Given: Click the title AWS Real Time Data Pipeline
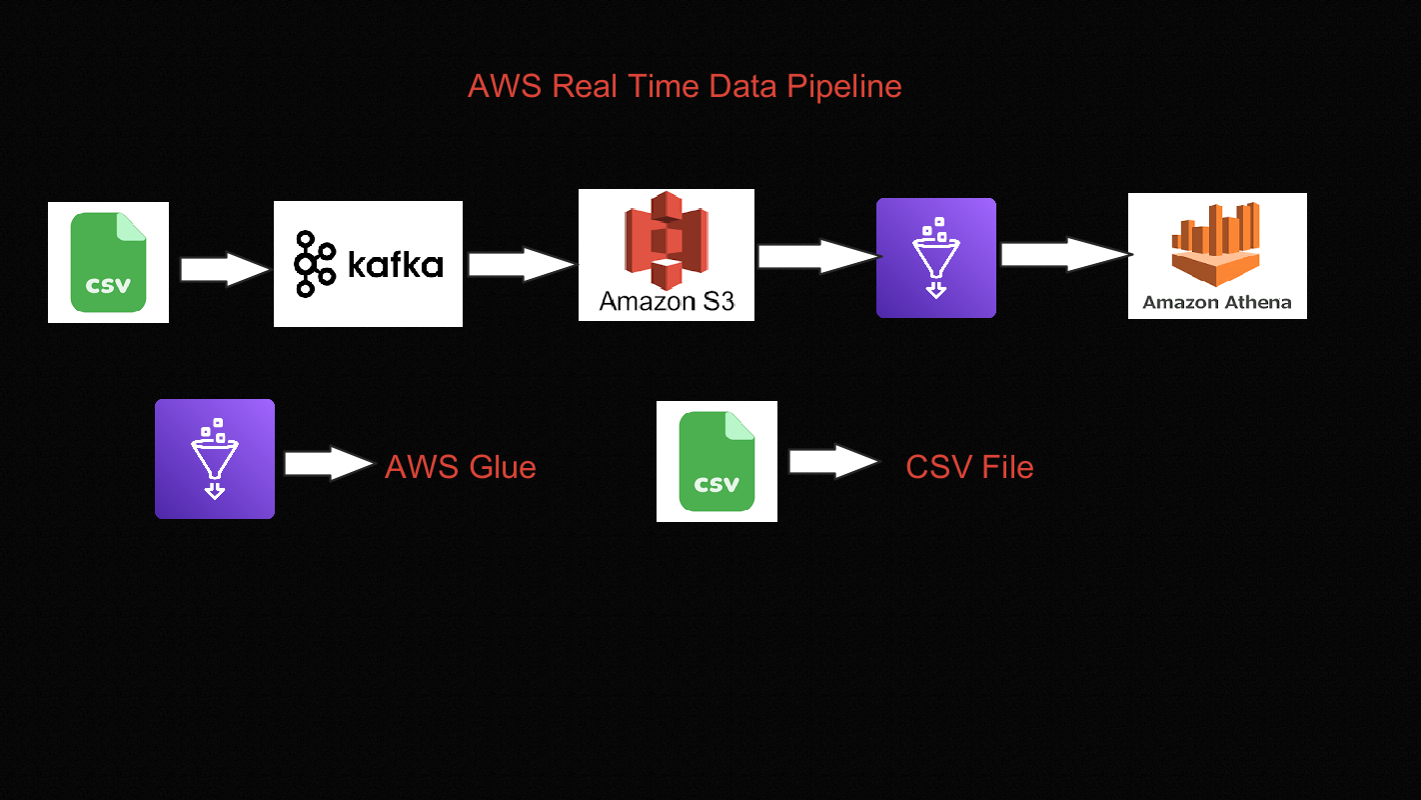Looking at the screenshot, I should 685,87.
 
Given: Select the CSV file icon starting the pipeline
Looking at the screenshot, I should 108,262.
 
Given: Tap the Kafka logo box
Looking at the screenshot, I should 368,264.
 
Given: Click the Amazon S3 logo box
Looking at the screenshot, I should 666,255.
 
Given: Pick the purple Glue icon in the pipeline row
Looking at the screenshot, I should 935,258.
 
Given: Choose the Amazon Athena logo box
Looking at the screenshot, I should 1216,256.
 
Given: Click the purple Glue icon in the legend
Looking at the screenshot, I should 214,459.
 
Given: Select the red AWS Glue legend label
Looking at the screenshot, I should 461,467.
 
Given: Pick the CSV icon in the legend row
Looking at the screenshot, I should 716,461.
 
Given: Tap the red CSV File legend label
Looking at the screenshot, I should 969,467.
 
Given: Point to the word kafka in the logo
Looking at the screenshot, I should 395,265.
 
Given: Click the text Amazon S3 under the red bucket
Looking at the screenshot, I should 666,301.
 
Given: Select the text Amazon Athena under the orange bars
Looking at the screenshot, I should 1216,302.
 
